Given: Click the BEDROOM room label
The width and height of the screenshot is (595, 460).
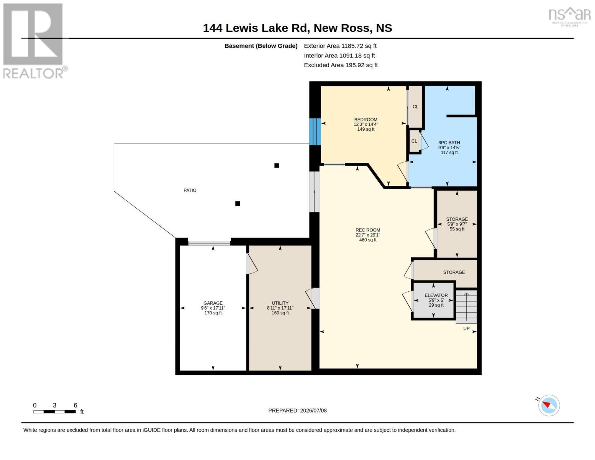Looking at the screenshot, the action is point(366,120).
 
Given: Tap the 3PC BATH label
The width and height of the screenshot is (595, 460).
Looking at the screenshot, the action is point(449,143).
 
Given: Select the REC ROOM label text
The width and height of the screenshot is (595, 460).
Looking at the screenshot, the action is point(368,230).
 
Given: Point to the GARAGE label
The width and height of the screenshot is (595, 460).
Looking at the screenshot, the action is point(213,303).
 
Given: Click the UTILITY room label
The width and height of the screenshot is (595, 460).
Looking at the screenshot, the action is point(280,303).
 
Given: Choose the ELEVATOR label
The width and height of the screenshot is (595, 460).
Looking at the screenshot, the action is point(436,295).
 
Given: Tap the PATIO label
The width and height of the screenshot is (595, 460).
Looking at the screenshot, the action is point(190,191).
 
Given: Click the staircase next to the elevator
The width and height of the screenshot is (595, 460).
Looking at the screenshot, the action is point(466,307).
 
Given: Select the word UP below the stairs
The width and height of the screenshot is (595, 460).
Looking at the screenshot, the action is point(466,329).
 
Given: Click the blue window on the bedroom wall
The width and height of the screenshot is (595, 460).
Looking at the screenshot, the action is point(315,131).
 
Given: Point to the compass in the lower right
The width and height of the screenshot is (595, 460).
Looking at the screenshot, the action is point(549,406).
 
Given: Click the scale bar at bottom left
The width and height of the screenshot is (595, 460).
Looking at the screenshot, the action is point(54,412).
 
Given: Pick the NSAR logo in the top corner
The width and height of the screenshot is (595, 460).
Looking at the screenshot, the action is point(570,16).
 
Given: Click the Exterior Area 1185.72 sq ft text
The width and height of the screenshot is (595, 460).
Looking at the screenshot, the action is point(340,46).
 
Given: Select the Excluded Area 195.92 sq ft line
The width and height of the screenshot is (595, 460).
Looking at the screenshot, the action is point(341,65).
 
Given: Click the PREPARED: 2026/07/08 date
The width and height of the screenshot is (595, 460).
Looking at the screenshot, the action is point(297,411).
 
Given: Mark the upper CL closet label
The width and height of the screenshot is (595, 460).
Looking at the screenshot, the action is point(415,107).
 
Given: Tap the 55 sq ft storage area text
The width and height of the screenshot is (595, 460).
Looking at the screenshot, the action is point(457,229).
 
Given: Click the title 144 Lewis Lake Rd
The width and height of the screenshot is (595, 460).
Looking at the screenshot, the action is point(256,28).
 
